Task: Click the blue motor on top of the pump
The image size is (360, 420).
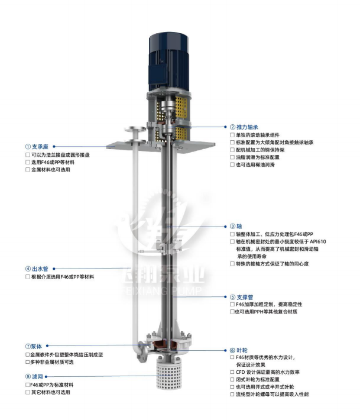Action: (x=168, y=62)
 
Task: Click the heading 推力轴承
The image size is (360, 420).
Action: (x=247, y=127)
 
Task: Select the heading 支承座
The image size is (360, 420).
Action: (x=40, y=147)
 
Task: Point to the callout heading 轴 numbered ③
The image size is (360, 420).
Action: (x=239, y=227)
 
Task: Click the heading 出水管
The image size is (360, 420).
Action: (x=40, y=269)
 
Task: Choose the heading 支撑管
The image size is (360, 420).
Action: (x=245, y=297)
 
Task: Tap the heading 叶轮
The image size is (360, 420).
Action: (x=242, y=350)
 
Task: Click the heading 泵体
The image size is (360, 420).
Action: (x=37, y=346)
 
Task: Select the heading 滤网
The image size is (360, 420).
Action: (x=37, y=377)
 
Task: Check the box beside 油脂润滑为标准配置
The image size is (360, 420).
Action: (x=232, y=157)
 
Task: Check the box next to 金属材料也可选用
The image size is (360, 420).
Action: (x=28, y=170)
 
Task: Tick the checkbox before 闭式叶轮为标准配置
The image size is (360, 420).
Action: (x=232, y=380)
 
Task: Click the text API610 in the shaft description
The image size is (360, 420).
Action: (x=318, y=241)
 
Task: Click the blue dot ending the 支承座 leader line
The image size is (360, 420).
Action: (x=54, y=147)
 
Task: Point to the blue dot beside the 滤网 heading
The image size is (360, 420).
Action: (x=46, y=377)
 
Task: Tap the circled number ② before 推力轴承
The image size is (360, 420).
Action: (x=232, y=127)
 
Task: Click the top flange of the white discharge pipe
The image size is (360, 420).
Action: (x=135, y=129)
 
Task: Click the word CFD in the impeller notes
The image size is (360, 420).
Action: (x=241, y=372)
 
